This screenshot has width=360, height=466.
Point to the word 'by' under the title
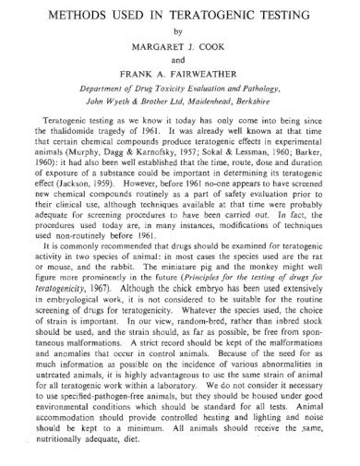click(180, 30)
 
